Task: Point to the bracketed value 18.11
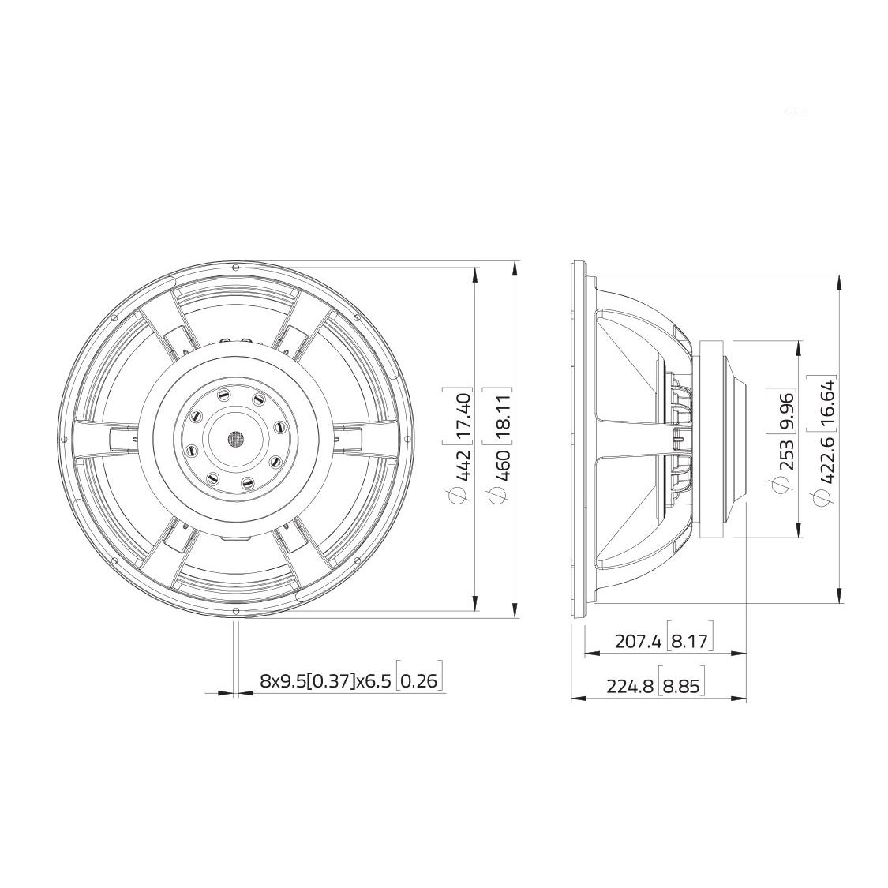501,414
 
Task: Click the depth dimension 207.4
638,642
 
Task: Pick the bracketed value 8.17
690,642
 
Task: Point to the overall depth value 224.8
630,686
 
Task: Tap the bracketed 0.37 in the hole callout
328,680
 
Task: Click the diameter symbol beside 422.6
824,496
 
